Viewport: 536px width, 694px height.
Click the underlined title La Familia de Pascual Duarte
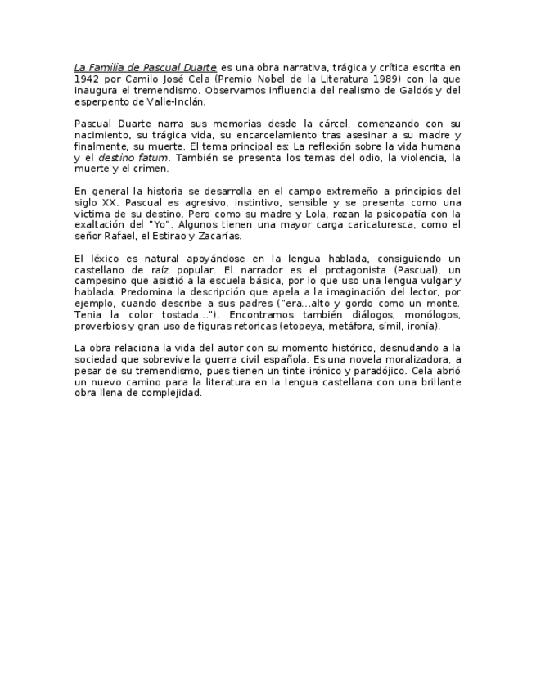145,67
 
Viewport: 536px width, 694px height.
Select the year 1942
87,79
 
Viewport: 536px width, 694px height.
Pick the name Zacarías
219,236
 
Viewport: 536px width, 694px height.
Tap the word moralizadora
419,359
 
